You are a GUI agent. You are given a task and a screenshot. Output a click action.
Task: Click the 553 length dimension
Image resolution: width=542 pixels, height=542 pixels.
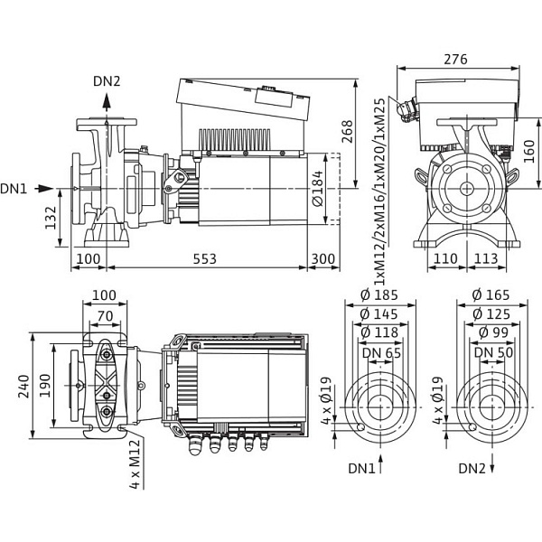[x=206, y=259]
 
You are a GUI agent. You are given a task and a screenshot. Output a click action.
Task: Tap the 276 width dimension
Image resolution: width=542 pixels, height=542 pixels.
[x=457, y=60]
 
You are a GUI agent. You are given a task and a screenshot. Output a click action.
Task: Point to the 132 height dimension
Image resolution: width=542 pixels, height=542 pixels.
[x=51, y=217]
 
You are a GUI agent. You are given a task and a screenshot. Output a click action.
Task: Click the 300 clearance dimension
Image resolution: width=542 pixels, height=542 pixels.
[x=322, y=259]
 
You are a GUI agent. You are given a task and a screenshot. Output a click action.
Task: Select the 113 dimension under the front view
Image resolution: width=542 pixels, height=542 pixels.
[x=486, y=259]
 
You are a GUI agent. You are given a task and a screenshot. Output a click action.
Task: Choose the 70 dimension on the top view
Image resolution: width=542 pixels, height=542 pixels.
[x=106, y=316]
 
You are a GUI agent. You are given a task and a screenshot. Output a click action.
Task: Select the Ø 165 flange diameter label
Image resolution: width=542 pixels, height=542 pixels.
[x=491, y=295]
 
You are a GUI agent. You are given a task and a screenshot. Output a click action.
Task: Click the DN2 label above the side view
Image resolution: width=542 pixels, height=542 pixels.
[x=107, y=81]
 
